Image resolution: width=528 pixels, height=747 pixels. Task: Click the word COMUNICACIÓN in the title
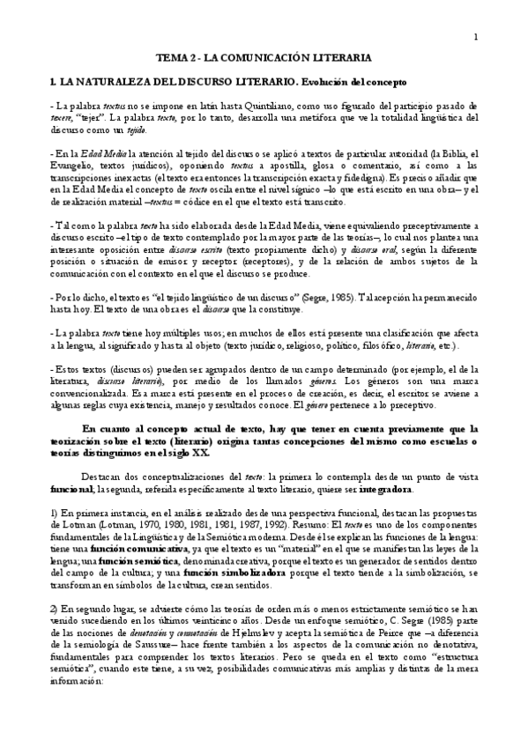275,57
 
